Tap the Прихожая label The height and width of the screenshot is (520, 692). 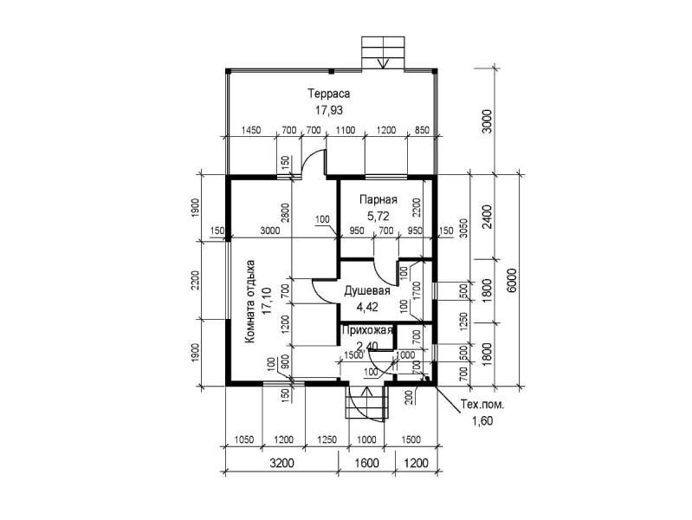368,330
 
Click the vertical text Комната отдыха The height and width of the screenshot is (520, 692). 250,302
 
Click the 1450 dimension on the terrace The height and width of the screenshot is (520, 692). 251,130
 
